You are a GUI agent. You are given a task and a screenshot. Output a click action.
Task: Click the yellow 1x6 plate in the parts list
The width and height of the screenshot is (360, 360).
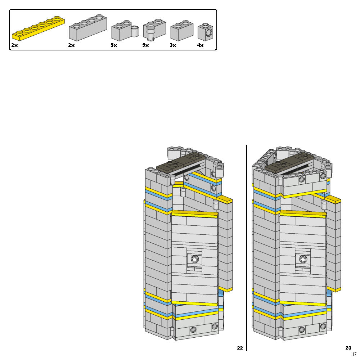pos(39,28)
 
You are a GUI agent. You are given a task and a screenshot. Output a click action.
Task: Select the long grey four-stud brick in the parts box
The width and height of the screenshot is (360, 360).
pos(88,28)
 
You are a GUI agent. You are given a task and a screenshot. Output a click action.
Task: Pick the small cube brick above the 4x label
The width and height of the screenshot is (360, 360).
pos(205,33)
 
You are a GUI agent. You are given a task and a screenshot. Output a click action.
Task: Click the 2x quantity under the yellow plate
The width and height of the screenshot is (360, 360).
pos(14,45)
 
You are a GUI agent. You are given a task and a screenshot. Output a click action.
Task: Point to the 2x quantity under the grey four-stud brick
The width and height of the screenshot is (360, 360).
pos(71,45)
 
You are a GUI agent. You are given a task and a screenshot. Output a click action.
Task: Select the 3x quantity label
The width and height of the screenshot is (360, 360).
pos(173,45)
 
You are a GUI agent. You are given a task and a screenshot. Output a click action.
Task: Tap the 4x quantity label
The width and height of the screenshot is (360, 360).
pos(200,45)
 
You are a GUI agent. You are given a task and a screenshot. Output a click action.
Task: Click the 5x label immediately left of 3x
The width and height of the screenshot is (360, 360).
pos(145,45)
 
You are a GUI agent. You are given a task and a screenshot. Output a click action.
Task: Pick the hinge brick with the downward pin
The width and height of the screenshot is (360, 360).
pos(154,30)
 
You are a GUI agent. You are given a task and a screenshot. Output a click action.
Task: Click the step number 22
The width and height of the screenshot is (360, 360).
pos(240,348)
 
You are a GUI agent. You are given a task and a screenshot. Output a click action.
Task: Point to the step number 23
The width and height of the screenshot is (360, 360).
pos(348,348)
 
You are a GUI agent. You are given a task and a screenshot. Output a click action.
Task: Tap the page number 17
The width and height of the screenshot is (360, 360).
pos(354,354)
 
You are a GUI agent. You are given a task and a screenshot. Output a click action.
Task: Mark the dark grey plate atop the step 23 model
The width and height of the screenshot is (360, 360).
pos(289,162)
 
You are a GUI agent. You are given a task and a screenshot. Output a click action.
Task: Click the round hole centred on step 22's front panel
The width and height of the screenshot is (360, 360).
pos(195,259)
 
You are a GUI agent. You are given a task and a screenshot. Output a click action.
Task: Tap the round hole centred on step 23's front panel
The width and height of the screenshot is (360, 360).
pos(303,259)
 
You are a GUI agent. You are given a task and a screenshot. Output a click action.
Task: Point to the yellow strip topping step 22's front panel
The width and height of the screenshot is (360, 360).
pos(195,214)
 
